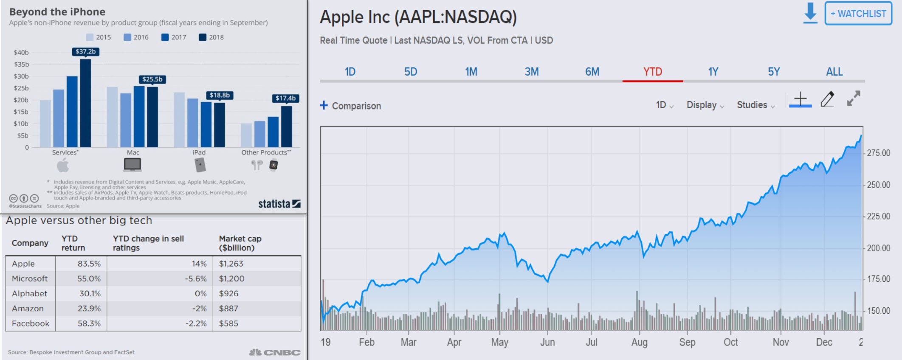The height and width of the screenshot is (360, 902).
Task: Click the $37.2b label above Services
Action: (x=85, y=52)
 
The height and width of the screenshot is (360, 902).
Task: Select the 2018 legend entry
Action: (x=211, y=37)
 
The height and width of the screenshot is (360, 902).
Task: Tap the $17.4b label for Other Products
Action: (x=285, y=98)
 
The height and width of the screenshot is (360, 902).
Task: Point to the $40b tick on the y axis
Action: (x=21, y=53)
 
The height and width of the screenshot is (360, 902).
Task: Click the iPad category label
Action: (x=199, y=152)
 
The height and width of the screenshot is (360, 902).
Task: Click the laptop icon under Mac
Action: (x=132, y=165)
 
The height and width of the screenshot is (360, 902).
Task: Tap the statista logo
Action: (x=279, y=204)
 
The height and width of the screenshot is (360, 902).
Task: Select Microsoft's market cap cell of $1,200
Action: (x=231, y=278)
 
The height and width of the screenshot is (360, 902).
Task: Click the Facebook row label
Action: (x=31, y=323)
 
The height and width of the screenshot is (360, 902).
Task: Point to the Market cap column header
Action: (x=240, y=243)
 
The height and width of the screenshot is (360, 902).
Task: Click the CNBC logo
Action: (x=275, y=352)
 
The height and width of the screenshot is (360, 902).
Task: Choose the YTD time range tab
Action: (x=653, y=72)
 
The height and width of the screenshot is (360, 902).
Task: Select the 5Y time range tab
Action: (x=774, y=72)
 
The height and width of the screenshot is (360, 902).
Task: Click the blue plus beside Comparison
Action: (x=324, y=105)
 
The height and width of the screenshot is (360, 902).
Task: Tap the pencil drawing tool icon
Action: (x=827, y=99)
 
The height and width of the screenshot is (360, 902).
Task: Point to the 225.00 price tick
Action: (x=878, y=217)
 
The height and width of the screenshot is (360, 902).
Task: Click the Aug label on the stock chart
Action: (x=639, y=343)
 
